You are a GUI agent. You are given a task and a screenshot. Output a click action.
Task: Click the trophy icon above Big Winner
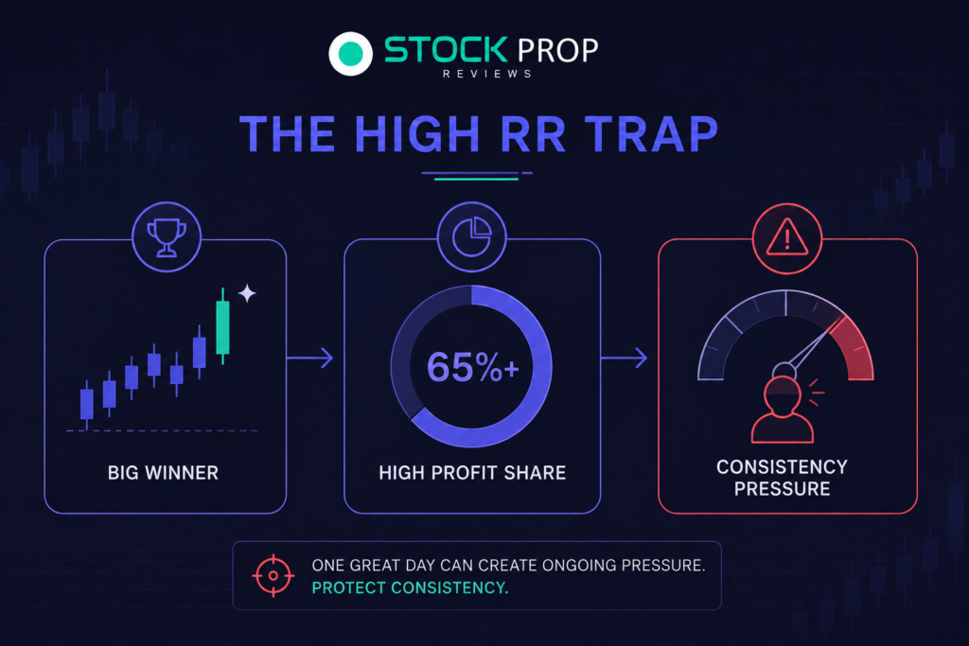click(167, 237)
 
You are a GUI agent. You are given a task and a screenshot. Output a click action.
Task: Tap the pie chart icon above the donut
click(472, 236)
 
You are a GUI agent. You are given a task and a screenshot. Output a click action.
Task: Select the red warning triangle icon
click(786, 237)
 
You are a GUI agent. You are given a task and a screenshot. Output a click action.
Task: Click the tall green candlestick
click(222, 326)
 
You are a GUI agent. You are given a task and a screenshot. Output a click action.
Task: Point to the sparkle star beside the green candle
click(247, 293)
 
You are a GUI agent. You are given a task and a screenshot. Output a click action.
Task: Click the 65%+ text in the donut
click(473, 367)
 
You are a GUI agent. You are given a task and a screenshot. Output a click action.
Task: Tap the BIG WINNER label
click(163, 473)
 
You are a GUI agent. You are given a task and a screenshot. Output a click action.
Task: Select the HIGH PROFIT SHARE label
click(472, 473)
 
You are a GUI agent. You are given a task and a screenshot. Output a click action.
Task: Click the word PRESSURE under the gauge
click(782, 489)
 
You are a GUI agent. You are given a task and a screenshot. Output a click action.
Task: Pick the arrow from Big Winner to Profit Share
click(310, 358)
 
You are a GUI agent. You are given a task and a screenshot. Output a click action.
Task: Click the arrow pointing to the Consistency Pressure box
click(625, 358)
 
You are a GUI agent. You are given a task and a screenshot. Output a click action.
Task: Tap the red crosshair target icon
click(273, 576)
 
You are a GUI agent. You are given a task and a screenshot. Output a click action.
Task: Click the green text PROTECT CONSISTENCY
click(411, 588)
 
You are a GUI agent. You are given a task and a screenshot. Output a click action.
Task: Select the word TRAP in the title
click(652, 134)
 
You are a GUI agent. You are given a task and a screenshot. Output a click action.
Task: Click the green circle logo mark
click(350, 54)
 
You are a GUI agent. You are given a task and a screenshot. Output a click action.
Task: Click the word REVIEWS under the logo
click(487, 74)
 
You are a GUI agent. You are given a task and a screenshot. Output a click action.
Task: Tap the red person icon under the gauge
click(783, 410)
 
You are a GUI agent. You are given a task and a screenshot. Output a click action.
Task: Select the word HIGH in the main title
click(417, 134)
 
